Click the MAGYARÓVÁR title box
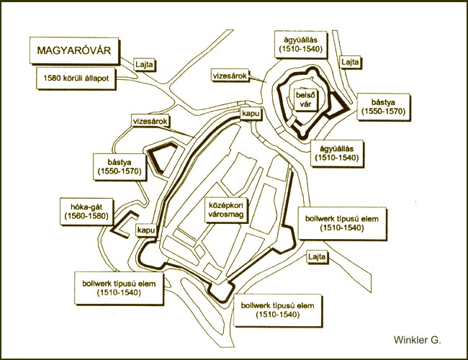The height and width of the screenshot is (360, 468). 74,50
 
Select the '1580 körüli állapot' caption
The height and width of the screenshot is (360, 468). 76,78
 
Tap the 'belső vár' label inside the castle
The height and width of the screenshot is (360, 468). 304,99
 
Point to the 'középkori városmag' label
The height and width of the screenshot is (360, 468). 226,210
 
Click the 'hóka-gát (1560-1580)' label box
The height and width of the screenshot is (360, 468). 86,212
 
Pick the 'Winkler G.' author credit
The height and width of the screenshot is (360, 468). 417,340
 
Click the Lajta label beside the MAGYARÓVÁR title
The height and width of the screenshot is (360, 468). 144,64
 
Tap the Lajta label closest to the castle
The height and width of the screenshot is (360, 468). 350,62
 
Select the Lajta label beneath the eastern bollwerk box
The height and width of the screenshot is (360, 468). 317,257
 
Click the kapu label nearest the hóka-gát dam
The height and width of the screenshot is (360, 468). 146,230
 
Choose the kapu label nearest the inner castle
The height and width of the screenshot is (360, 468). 251,114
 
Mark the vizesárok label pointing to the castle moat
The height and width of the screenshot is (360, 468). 230,76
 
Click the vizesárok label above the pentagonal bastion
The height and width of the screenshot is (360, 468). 150,121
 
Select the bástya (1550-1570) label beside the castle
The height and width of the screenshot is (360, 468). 383,107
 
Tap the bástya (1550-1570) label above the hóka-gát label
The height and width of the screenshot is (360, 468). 120,167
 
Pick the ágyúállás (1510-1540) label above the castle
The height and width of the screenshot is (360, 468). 300,44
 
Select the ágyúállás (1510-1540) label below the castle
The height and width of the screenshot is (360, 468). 337,153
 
